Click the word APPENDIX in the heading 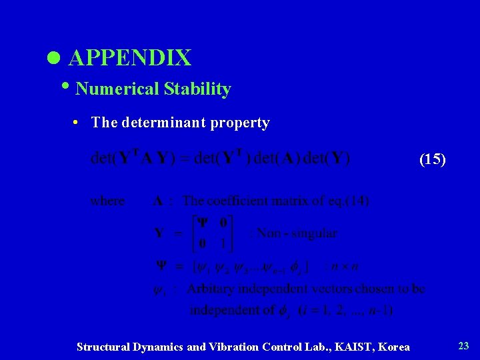[x=130, y=58]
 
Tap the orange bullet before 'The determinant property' [x=78, y=123]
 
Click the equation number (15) [x=432, y=159]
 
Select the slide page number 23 [x=463, y=345]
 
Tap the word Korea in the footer [x=394, y=347]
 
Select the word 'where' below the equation [x=107, y=200]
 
